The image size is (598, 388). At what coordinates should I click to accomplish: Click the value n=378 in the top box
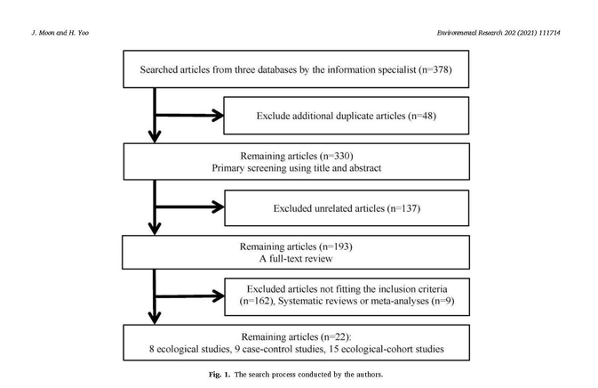(x=435, y=70)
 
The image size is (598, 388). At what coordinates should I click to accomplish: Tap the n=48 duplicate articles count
(x=422, y=116)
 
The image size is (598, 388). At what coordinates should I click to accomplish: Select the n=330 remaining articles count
(x=337, y=157)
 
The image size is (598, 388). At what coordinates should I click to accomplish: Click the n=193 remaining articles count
(x=336, y=247)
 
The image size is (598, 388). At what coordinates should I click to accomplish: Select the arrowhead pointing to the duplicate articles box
(x=219, y=116)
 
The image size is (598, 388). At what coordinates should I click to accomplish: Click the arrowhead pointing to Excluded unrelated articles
(x=219, y=207)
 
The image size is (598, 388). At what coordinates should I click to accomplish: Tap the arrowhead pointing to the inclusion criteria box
(x=219, y=296)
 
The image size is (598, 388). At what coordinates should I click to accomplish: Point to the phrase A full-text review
(x=296, y=259)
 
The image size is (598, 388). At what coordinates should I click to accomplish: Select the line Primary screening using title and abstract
(x=297, y=168)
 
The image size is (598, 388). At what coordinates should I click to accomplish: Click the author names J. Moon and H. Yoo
(x=60, y=33)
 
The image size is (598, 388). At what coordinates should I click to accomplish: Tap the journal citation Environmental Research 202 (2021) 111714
(x=498, y=33)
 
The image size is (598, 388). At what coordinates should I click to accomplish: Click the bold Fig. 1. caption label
(x=219, y=375)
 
